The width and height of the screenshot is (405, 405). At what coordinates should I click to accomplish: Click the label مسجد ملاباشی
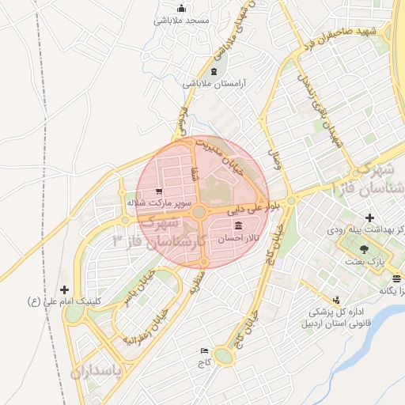(x=183, y=21)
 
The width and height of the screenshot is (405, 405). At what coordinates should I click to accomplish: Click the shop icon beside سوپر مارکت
(x=160, y=191)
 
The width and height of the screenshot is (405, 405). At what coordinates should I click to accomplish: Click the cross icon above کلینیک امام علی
(x=64, y=290)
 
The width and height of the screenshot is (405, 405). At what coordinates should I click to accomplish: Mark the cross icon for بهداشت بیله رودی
(x=369, y=218)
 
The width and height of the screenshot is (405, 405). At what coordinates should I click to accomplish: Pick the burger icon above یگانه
(x=396, y=278)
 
